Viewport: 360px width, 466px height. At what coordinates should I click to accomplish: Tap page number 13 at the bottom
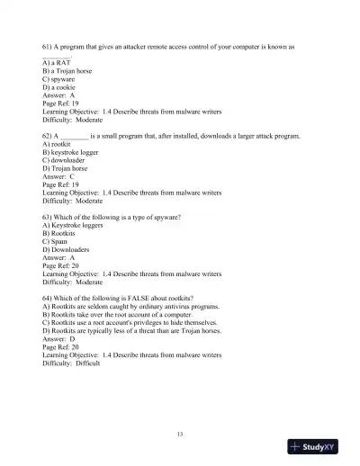tap(180, 435)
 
